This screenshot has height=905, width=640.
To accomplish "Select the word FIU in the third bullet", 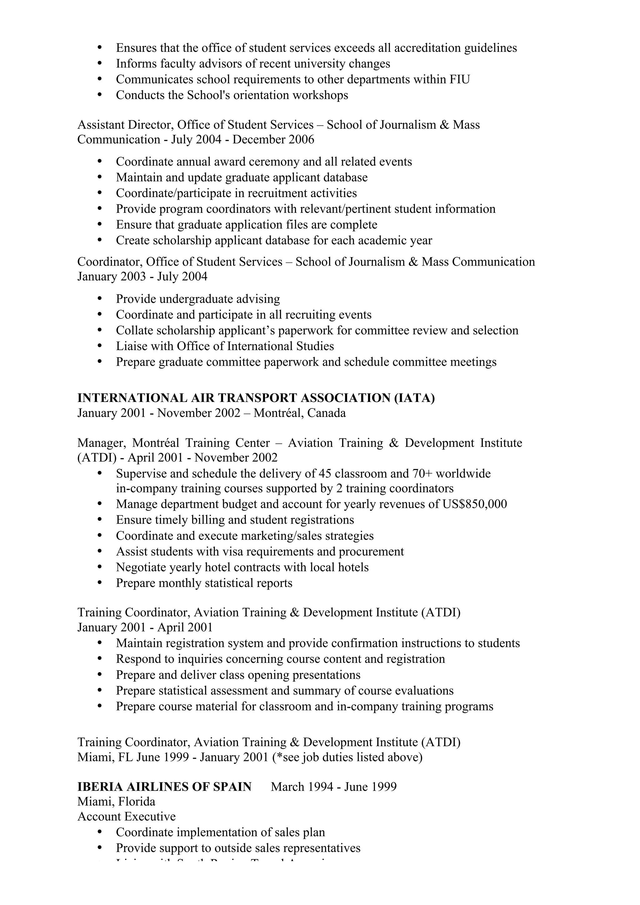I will pos(459,79).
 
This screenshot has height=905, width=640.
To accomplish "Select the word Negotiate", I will pos(141,567).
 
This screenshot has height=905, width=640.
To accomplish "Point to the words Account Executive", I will pos(127,816).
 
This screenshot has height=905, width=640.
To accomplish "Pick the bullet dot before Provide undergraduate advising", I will pos(99,299).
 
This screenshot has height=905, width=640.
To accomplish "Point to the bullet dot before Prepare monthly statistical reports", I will pos(99,583).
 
